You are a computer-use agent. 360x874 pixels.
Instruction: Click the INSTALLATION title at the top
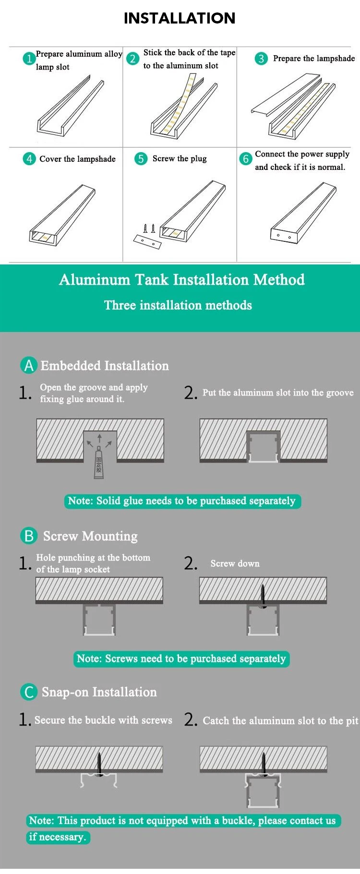click(180, 18)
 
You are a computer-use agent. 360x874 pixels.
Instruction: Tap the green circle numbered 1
click(29, 59)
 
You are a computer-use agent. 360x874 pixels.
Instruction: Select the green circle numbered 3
click(261, 59)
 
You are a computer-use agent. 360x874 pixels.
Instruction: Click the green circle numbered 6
click(246, 158)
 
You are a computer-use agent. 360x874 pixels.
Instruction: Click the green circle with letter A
click(29, 365)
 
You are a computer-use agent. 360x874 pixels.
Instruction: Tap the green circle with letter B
click(29, 536)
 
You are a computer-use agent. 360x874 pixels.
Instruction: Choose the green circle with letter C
click(29, 692)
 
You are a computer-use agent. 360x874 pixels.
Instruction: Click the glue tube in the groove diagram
click(99, 463)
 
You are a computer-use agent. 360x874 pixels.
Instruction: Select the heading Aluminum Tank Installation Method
click(182, 279)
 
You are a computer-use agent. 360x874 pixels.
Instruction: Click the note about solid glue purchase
click(182, 501)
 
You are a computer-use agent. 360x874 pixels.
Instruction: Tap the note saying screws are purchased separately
click(181, 658)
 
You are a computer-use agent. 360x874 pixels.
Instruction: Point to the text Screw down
click(235, 563)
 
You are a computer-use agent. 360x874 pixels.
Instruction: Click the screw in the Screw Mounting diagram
click(263, 596)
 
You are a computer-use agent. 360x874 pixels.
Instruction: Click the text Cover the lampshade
click(77, 159)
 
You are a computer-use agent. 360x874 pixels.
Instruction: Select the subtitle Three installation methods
click(178, 305)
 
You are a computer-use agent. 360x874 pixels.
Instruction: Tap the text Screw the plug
click(180, 158)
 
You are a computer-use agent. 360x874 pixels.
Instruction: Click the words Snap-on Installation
click(99, 692)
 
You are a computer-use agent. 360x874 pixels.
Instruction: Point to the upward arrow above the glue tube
click(99, 439)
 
